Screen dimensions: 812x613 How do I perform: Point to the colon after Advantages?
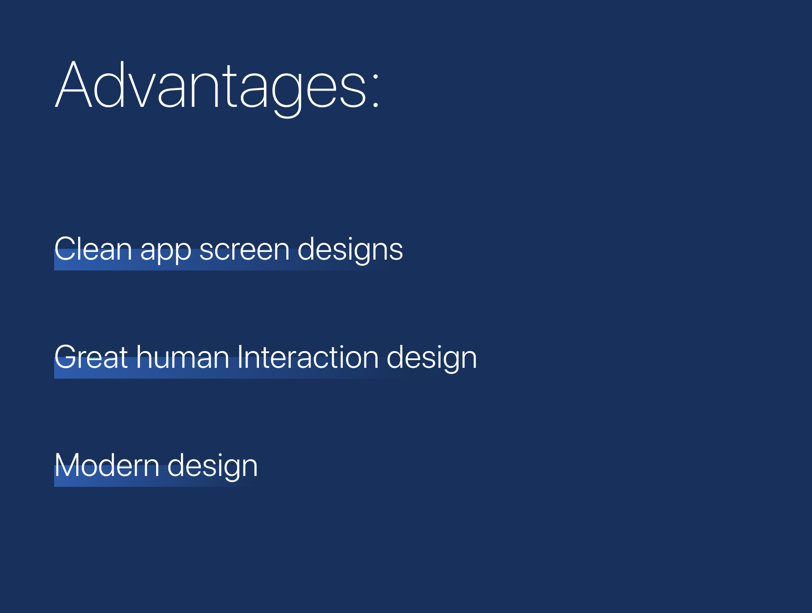click(375, 86)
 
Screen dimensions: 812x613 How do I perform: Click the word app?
click(166, 252)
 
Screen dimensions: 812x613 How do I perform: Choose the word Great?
click(91, 357)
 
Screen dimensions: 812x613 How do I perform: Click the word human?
click(183, 357)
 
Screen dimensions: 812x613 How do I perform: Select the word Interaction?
click(308, 357)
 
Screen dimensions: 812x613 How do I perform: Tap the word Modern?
click(107, 466)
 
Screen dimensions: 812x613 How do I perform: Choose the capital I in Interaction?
click(240, 357)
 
